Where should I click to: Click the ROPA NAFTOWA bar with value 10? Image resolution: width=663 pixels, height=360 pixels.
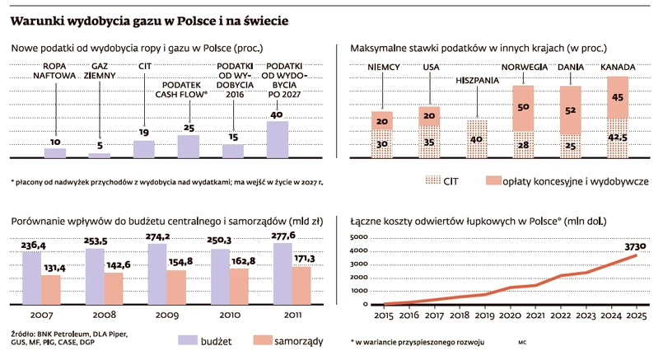[54, 152]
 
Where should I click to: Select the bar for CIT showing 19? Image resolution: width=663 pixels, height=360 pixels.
[143, 148]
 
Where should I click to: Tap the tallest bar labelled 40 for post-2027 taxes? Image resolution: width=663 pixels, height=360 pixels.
[278, 139]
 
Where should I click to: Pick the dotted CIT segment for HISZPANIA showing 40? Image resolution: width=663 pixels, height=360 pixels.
[477, 138]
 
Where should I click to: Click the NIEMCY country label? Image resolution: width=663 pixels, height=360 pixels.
[382, 68]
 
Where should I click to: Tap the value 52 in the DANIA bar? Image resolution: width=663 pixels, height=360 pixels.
[570, 109]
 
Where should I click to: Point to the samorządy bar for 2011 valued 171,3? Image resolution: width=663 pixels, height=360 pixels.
[301, 285]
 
